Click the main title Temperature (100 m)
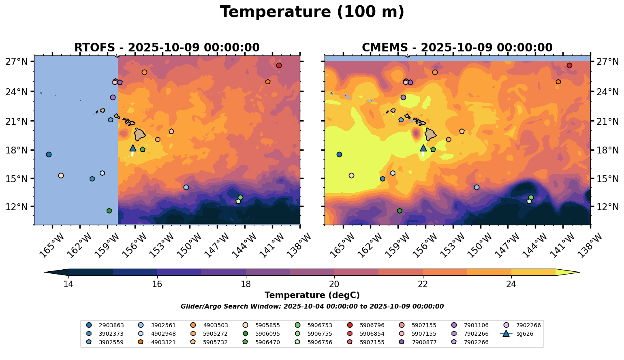point(312,12)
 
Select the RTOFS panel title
point(167,48)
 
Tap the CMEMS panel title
point(457,48)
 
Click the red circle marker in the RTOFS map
point(279,66)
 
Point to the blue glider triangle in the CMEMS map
point(423,148)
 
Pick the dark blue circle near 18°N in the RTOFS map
point(49,155)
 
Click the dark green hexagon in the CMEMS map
point(400,211)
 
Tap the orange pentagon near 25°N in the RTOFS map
point(268,82)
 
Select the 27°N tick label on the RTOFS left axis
point(17,62)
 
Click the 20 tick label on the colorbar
point(334,284)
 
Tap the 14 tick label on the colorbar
point(68,284)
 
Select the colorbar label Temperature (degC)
point(312,296)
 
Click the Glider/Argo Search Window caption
point(312,307)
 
